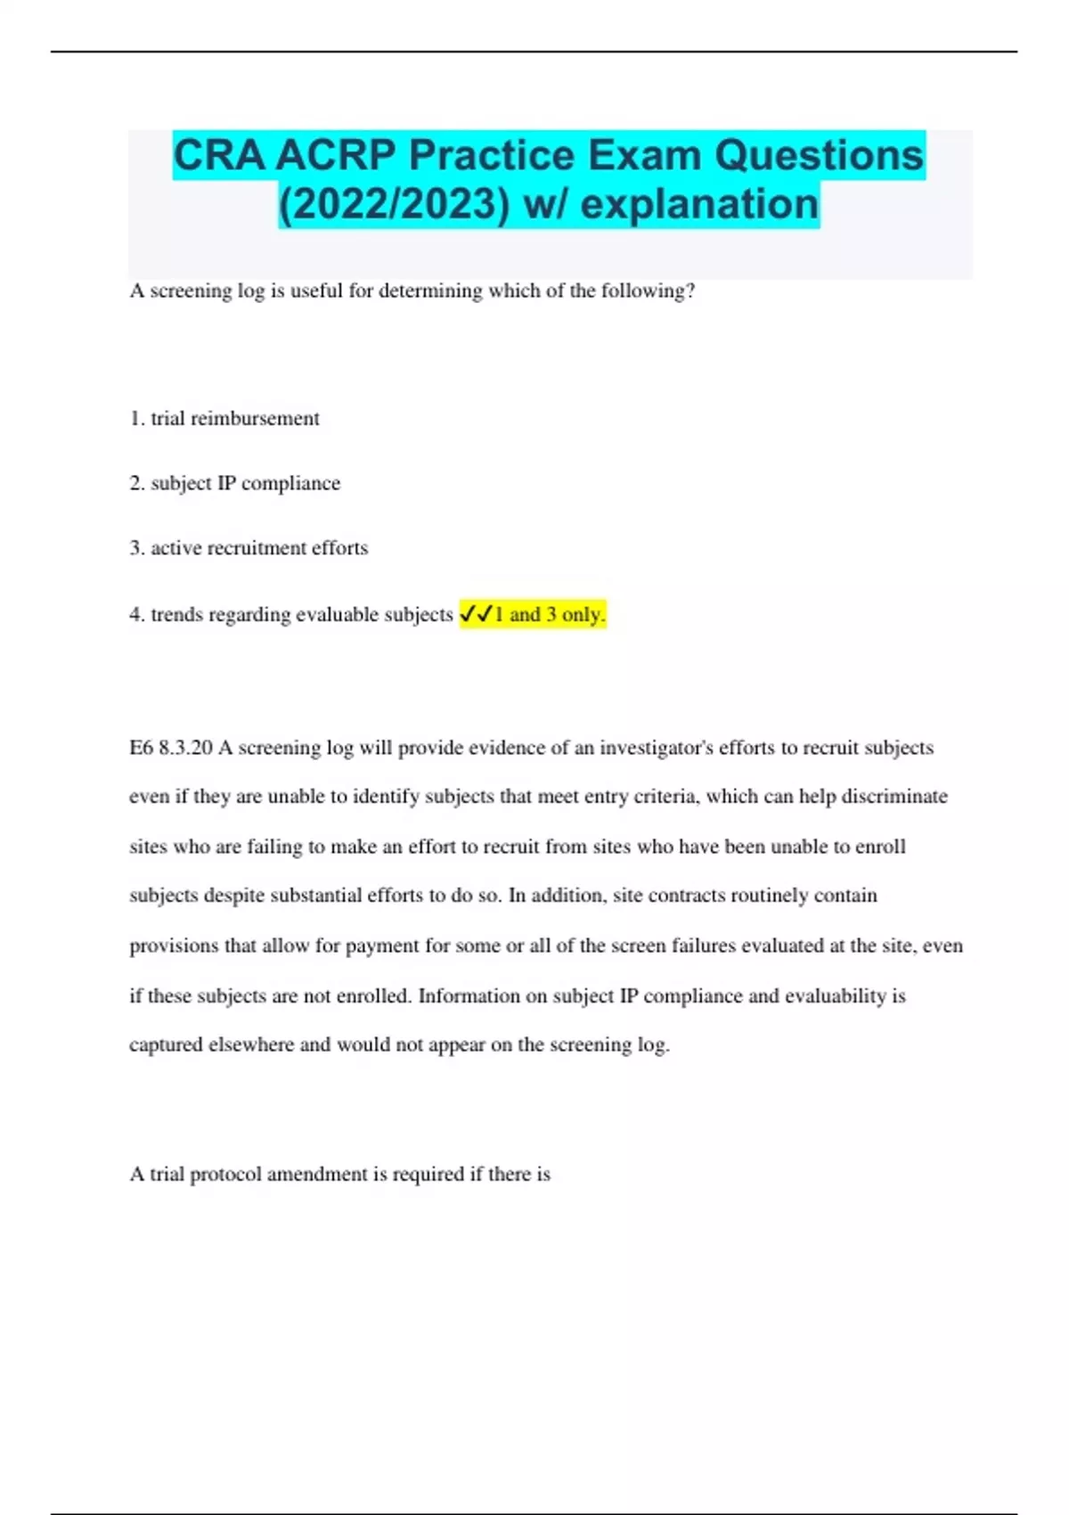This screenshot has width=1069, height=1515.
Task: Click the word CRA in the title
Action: pyautogui.click(x=219, y=156)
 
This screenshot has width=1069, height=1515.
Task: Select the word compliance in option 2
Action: pyautogui.click(x=290, y=483)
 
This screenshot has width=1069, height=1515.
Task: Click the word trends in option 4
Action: pyautogui.click(x=176, y=615)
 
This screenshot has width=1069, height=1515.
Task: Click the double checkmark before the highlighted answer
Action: pyautogui.click(x=477, y=614)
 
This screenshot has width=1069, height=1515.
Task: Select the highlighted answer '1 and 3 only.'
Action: pyautogui.click(x=550, y=614)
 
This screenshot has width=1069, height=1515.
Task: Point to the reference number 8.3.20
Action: pyautogui.click(x=185, y=748)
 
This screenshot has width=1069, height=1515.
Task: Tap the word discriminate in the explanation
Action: pyautogui.click(x=894, y=797)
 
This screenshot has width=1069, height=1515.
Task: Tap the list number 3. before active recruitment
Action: pyautogui.click(x=136, y=548)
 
